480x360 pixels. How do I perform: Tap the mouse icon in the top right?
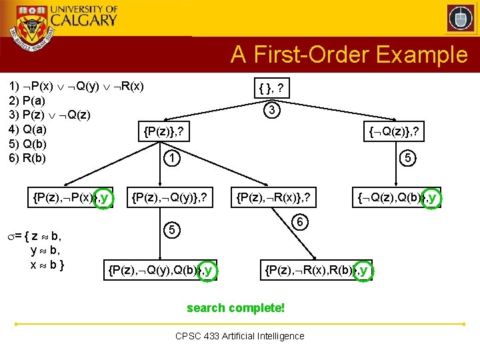460,19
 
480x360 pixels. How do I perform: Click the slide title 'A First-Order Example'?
349,55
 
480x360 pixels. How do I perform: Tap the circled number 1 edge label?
172,159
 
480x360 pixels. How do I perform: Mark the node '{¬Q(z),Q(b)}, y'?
397,197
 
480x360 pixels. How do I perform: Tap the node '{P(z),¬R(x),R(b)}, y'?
316,269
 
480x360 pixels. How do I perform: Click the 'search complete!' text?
236,308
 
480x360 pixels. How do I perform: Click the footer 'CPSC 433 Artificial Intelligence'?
240,336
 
